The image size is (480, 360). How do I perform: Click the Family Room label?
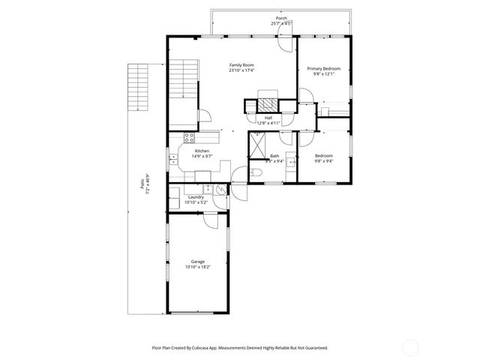coord(241,65)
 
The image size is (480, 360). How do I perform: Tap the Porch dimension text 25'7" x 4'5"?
coord(281,24)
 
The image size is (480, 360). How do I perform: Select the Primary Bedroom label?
coord(324,68)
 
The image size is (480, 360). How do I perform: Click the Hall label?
coord(268,118)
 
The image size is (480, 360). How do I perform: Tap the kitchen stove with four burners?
coord(190,137)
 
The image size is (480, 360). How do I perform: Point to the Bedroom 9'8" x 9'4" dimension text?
coord(324,161)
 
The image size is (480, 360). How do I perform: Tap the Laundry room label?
coord(196,196)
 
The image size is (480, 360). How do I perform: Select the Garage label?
coord(197,261)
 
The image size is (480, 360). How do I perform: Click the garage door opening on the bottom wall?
coord(197,313)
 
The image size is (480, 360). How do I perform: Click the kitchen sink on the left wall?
coord(173,159)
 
